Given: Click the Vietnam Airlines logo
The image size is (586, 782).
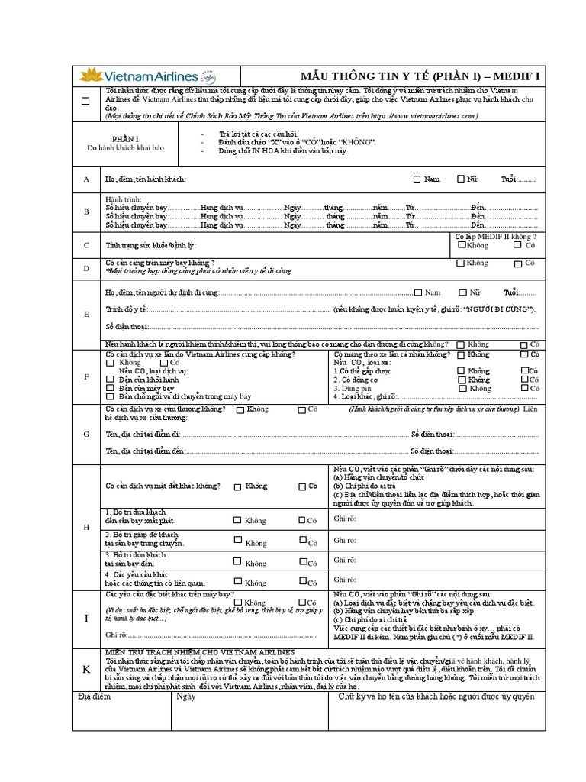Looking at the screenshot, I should point(148,76).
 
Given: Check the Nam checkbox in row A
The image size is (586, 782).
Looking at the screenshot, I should point(417,179).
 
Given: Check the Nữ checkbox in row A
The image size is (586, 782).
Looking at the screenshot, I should point(460,179).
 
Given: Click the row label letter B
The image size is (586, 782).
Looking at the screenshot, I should point(86,212).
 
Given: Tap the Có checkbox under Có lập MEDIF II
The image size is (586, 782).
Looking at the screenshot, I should point(518,245).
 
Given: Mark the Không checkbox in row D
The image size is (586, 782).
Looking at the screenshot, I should point(460,263).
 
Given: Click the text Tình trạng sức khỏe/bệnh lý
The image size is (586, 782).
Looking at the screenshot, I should point(150,246).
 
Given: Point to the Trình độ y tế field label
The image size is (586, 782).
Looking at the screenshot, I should point(125,309).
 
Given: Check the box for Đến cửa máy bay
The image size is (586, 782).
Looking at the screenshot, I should point(111,388).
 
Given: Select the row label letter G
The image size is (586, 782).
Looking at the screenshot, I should point(86,434).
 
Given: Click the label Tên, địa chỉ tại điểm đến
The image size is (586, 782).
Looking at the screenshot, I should point(145,451).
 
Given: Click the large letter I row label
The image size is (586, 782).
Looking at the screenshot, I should point(86,619).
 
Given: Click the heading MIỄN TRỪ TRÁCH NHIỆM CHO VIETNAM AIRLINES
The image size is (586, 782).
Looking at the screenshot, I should point(200,651).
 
